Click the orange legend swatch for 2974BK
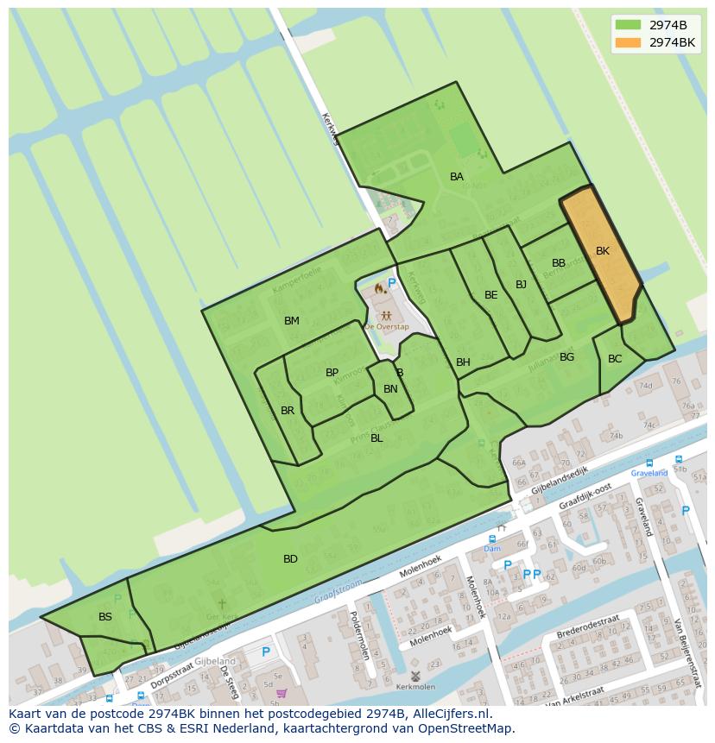click(x=629, y=41)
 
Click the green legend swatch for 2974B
click(x=629, y=24)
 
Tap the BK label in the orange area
click(x=603, y=251)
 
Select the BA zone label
click(x=457, y=177)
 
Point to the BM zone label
click(x=292, y=321)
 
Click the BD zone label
click(x=290, y=559)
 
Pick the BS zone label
click(x=105, y=617)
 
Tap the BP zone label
click(x=332, y=373)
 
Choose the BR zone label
click(x=288, y=411)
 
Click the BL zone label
click(x=376, y=438)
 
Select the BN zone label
click(x=390, y=389)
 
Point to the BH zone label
click(x=463, y=362)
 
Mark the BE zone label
click(x=491, y=295)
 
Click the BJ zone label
click(x=521, y=285)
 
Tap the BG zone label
click(x=566, y=357)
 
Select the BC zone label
click(x=615, y=359)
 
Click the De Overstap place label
click(x=386, y=327)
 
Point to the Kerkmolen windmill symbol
click(x=415, y=676)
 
